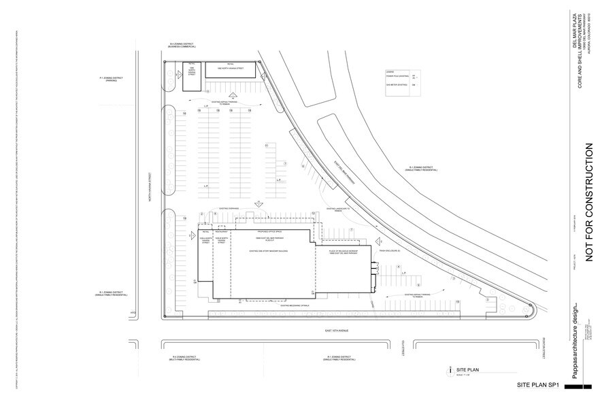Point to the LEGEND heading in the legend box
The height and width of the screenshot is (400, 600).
[390, 71]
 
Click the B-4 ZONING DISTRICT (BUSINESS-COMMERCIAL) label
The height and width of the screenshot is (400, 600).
[182, 45]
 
